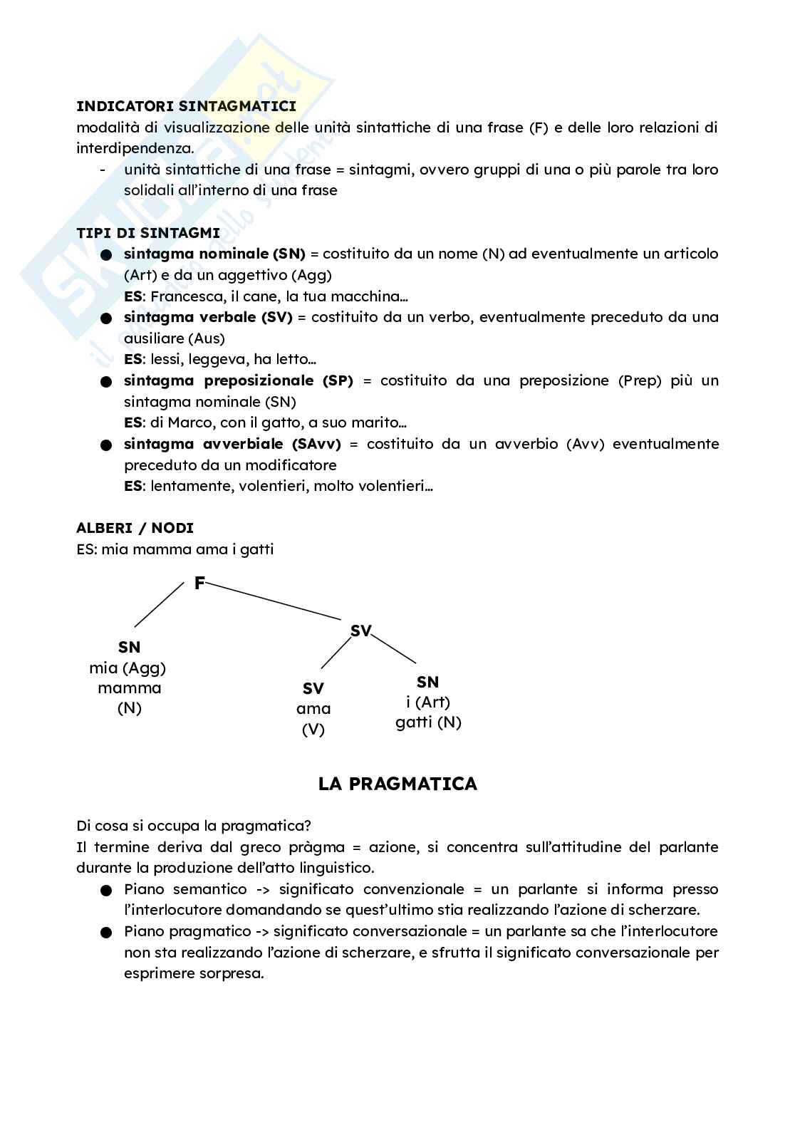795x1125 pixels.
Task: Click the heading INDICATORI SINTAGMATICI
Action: [x=186, y=107]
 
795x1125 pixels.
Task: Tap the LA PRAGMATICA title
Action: [x=397, y=784]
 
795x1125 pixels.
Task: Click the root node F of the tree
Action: [x=199, y=584]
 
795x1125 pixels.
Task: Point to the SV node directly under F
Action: [x=361, y=631]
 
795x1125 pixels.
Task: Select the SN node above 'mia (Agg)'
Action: [x=129, y=647]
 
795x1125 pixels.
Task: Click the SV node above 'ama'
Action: [x=313, y=688]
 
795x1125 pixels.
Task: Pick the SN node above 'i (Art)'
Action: [x=427, y=682]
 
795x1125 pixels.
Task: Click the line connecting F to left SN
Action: [x=159, y=604]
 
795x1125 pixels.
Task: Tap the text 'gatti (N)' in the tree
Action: [x=428, y=722]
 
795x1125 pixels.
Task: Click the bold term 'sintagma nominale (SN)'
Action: [x=214, y=254]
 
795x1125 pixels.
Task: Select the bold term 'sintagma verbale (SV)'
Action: [x=208, y=317]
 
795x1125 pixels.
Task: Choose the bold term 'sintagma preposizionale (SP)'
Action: [x=239, y=380]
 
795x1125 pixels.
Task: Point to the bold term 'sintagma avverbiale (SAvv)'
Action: [x=232, y=444]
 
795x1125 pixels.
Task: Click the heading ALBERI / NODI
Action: [x=135, y=528]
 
